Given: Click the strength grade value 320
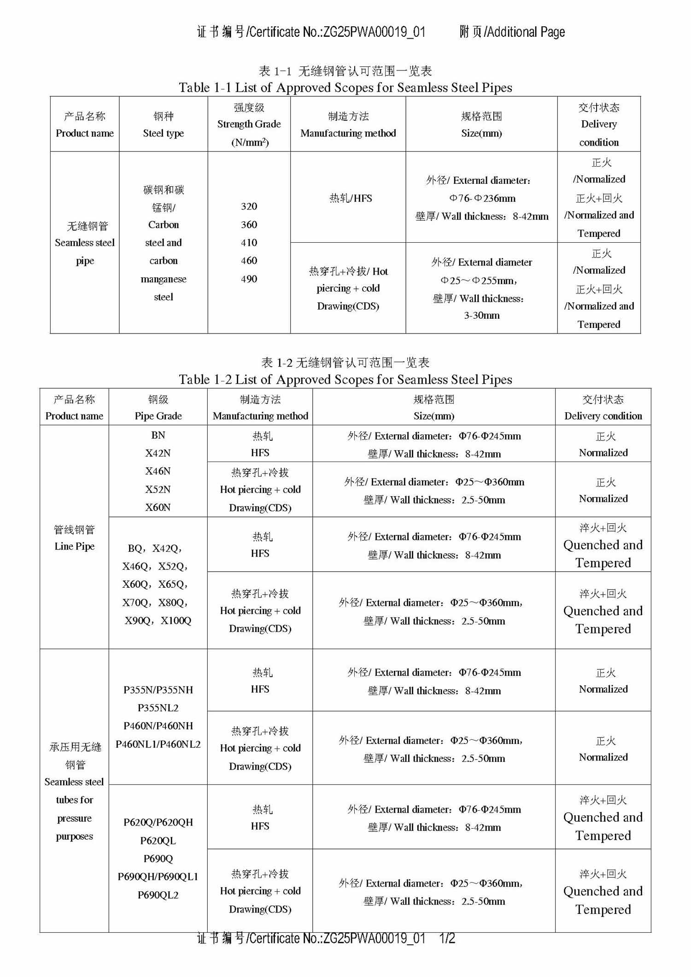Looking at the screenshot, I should [249, 206].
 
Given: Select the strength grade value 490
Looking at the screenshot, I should [249, 279].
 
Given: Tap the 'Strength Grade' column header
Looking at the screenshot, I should [249, 124].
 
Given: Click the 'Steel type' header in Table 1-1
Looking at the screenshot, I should [163, 133].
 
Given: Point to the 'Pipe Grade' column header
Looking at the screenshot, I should [158, 416].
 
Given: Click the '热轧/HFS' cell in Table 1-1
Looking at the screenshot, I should [350, 198].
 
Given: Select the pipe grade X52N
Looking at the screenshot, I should [158, 489].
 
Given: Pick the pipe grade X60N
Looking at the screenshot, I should [158, 507].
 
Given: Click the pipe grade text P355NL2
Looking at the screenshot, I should [158, 708].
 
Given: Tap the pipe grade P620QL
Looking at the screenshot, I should [158, 841].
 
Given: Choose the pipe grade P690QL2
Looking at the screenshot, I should [158, 895].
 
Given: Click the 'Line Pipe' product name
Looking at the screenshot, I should [74, 546].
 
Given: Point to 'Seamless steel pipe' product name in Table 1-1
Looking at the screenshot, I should [85, 243].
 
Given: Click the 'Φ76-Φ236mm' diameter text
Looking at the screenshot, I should [482, 199].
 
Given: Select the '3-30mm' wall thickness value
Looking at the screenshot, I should [481, 316].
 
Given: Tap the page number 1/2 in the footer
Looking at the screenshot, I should [447, 938].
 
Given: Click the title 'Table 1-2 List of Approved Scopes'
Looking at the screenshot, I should [345, 380].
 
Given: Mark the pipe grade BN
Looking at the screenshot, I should [158, 435].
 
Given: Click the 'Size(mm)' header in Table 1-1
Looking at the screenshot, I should [481, 133].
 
